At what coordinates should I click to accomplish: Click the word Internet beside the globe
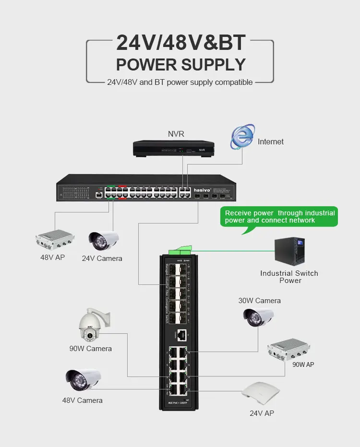tap(270, 141)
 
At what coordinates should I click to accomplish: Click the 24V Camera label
tap(102, 259)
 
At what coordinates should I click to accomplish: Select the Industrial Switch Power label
tap(289, 277)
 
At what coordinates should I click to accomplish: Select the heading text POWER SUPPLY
tap(180, 64)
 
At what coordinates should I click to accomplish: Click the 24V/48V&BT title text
tap(180, 43)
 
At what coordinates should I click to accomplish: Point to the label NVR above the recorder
tap(176, 134)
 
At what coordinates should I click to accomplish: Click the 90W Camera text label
tap(90, 349)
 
